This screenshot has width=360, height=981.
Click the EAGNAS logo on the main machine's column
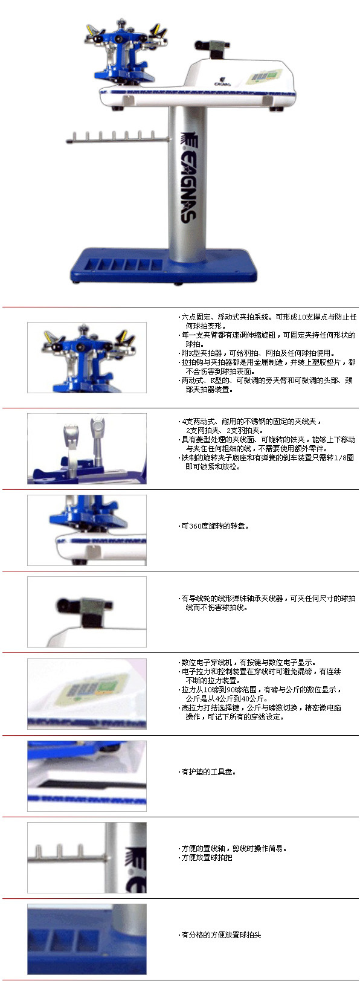click(x=188, y=178)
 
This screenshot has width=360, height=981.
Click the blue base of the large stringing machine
click(x=164, y=266)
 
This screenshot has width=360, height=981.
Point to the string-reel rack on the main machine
click(x=117, y=137)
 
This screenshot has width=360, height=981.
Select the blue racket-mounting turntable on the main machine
click(x=125, y=52)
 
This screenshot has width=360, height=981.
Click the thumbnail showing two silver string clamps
click(x=87, y=449)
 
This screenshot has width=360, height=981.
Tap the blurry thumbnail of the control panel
click(x=87, y=694)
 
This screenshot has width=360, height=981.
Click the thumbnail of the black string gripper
click(x=87, y=612)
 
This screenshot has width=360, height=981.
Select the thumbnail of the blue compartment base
click(x=87, y=939)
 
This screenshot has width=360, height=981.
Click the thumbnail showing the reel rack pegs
click(x=87, y=858)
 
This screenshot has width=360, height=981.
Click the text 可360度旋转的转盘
click(x=215, y=526)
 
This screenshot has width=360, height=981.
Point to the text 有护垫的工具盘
click(x=209, y=772)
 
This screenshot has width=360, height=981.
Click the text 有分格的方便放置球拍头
click(x=221, y=935)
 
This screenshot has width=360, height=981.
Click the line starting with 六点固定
click(x=269, y=317)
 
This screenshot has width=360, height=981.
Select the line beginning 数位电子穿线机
click(x=248, y=663)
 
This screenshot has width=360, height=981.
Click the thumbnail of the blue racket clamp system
click(x=87, y=358)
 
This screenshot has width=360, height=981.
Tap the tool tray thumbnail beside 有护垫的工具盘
click(x=87, y=776)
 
